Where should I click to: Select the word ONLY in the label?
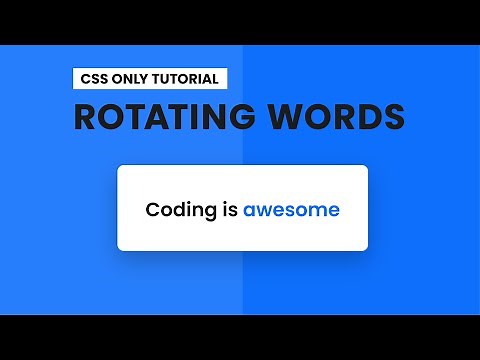pyautogui.click(x=131, y=78)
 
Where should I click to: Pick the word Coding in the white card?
pyautogui.click(x=177, y=210)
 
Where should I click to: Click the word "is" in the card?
pyautogui.click(x=226, y=210)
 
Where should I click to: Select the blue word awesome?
pyautogui.click(x=291, y=210)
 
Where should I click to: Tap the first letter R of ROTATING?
pyautogui.click(x=88, y=116)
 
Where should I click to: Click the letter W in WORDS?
pyautogui.click(x=298, y=116)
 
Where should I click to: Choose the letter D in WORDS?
pyautogui.click(x=369, y=116)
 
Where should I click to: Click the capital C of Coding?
pyautogui.click(x=153, y=210)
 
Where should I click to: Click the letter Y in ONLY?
pyautogui.click(x=146, y=78)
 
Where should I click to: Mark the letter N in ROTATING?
pyautogui.click(x=229, y=116)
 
